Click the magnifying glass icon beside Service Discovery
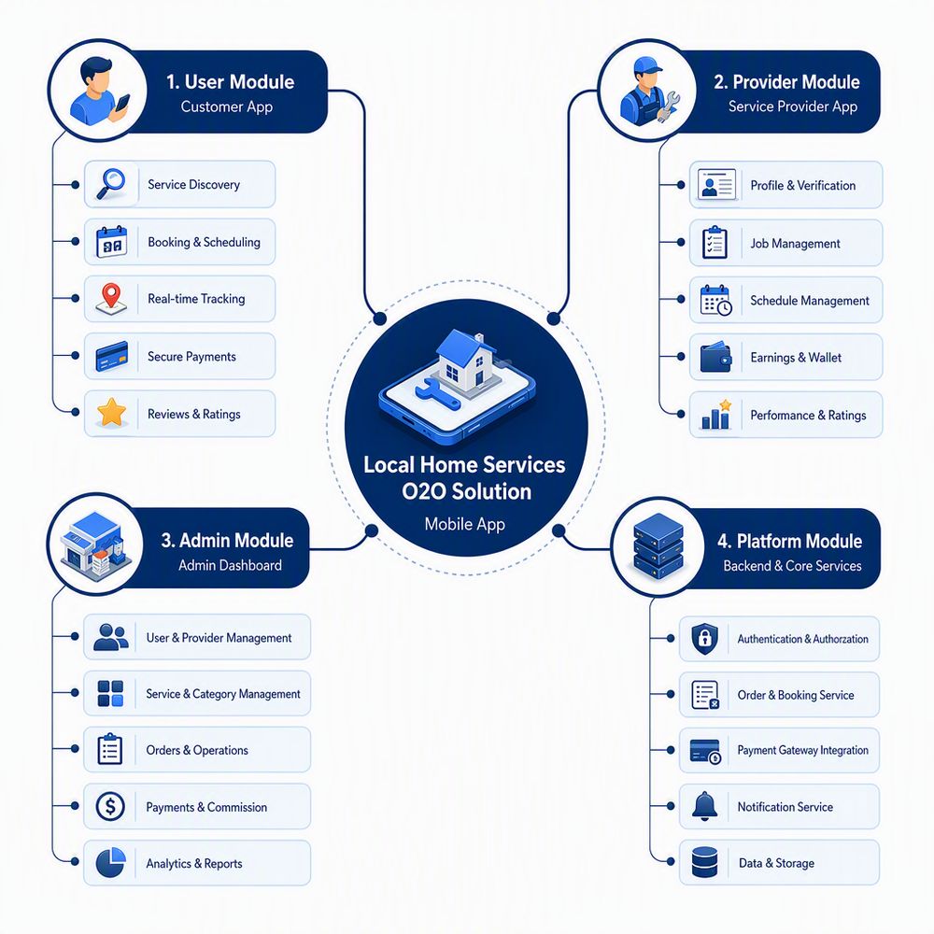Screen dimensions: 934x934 (x=111, y=183)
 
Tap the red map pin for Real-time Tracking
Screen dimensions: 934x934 (x=111, y=295)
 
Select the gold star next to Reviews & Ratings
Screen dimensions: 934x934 (x=111, y=412)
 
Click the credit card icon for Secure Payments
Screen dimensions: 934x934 (x=112, y=356)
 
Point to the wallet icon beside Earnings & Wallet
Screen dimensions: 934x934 (x=715, y=357)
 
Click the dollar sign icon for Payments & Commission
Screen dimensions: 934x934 (x=110, y=807)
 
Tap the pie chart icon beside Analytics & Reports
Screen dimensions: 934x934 (x=111, y=862)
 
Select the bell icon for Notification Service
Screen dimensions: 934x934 (x=704, y=806)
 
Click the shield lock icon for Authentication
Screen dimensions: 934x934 (x=704, y=639)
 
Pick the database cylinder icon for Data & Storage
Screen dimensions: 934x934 (x=704, y=862)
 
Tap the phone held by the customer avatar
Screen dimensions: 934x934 (x=122, y=103)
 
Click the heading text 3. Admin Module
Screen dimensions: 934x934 (x=227, y=540)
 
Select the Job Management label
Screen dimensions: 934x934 (x=795, y=243)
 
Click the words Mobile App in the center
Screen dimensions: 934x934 (x=464, y=524)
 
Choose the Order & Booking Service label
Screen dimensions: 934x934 (x=795, y=695)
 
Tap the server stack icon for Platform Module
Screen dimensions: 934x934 (x=658, y=546)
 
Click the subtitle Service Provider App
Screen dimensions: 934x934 (x=793, y=106)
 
